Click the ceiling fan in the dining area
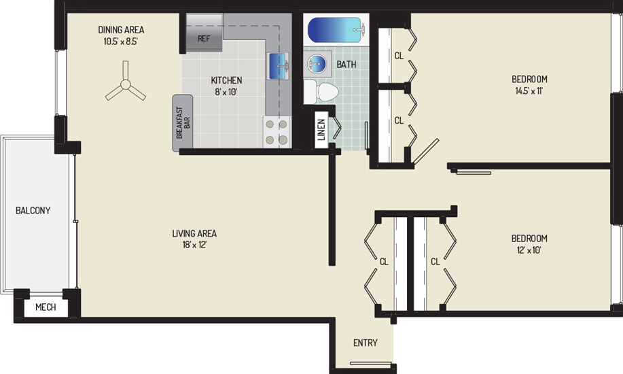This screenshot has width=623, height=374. point(126,84)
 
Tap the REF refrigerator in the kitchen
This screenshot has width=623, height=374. point(204,33)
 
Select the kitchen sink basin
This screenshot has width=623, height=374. point(279,66)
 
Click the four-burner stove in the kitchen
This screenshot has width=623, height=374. point(277,132)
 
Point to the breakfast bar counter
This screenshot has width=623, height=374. point(182,123)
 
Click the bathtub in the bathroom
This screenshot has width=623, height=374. point(337,29)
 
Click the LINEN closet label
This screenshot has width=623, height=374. point(321,130)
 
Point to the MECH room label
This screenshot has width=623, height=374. point(46,307)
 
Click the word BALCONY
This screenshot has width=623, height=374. point(33,210)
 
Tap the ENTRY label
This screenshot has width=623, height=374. point(366,343)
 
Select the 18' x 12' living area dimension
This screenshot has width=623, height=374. point(194,245)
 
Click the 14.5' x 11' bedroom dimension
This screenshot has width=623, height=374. point(529,90)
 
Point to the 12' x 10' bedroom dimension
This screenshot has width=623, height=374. point(529,250)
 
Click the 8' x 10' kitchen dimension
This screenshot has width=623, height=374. point(226,92)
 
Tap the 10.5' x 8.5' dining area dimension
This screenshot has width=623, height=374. point(121,41)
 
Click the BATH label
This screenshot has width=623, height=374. point(346,64)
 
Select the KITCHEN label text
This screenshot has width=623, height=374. point(226,80)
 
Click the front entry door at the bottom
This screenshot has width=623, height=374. point(371,363)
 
